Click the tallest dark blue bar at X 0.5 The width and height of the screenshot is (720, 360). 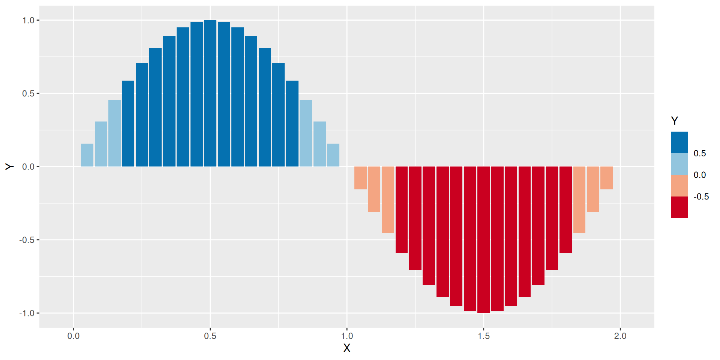click(210, 94)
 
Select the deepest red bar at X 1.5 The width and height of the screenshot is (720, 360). click(483, 240)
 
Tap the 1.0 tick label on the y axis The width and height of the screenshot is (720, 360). click(28, 21)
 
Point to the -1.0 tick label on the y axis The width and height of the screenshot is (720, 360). click(27, 313)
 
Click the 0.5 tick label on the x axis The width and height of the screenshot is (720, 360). click(210, 336)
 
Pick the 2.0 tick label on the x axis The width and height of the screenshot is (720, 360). click(620, 336)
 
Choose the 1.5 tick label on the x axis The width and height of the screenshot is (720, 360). click(484, 336)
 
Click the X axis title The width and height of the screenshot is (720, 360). click(347, 348)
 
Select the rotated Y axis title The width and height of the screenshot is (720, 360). click(9, 167)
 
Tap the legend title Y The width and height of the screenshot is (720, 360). click(675, 121)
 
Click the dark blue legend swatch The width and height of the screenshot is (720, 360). click(679, 142)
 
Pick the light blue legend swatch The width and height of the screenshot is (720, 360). click(679, 164)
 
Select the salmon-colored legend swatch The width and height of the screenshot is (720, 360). click(679, 186)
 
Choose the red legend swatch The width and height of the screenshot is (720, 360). click(679, 207)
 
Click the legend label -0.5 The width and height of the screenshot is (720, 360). click(701, 197)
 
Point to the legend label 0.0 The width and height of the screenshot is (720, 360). click(700, 175)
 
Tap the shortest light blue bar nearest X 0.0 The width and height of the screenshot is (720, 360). click(87, 155)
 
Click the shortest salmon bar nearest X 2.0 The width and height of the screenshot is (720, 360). click(606, 178)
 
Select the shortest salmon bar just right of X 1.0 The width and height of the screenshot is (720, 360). click(360, 178)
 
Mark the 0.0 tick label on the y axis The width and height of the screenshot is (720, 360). click(28, 167)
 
